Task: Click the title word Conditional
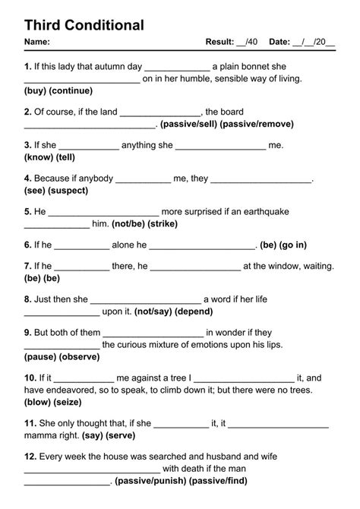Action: tap(103, 25)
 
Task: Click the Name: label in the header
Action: tap(37, 41)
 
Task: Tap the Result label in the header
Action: tap(219, 41)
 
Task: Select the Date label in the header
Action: tap(279, 41)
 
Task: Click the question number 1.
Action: tap(27, 66)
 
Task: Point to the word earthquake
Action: tap(264, 212)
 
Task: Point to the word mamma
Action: tap(42, 436)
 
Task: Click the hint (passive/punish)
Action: tap(149, 481)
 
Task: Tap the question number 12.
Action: tap(30, 457)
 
